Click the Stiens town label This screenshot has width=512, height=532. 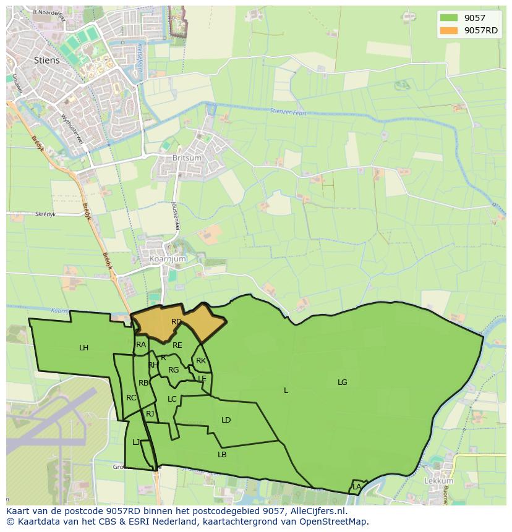(47, 60)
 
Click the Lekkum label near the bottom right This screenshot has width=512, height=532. (439, 481)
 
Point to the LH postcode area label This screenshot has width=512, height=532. (84, 348)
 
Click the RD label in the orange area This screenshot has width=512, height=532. (176, 322)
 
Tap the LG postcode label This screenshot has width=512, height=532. (342, 382)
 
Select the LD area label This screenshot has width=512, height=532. (226, 420)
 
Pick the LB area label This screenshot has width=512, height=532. (222, 455)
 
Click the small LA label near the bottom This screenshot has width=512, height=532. (357, 487)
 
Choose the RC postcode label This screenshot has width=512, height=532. (130, 398)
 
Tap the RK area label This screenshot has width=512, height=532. (200, 361)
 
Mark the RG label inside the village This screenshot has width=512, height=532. (173, 370)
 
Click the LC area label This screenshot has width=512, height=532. (172, 399)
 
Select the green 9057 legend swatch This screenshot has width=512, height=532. (449, 18)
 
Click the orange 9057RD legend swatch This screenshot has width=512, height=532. (449, 30)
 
